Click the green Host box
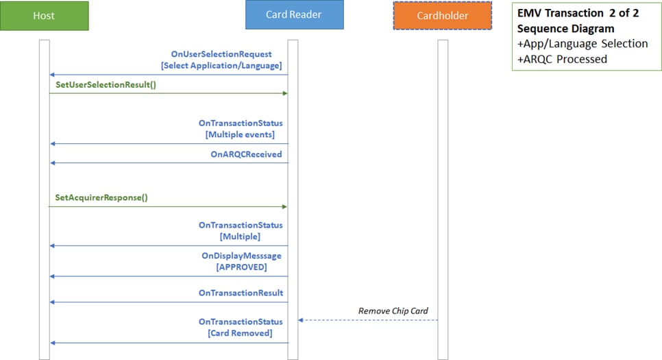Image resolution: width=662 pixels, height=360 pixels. click(45, 16)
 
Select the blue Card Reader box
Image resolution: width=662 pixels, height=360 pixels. click(294, 15)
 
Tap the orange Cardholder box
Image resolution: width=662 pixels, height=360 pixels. click(443, 16)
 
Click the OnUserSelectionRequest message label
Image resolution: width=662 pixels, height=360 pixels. click(221, 54)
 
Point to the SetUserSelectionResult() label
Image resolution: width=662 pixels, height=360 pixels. click(106, 84)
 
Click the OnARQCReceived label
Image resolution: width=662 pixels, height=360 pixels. click(246, 154)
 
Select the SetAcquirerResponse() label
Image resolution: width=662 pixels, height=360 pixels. click(101, 197)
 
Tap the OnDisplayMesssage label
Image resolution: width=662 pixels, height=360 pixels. click(241, 256)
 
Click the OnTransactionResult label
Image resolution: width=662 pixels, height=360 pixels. click(241, 293)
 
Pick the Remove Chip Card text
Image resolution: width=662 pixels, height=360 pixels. click(393, 311)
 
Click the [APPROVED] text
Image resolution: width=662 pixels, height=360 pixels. click(241, 267)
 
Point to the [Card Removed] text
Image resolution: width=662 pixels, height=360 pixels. click(240, 333)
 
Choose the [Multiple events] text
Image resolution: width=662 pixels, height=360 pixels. click(240, 134)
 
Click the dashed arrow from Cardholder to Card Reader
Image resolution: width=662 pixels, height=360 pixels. click(368, 320)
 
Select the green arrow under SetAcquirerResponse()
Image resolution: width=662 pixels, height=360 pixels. click(168, 206)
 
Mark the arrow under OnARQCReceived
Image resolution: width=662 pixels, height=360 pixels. click(169, 163)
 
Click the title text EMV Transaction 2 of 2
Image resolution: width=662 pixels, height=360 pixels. click(578, 13)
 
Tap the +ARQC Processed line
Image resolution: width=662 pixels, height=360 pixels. click(562, 59)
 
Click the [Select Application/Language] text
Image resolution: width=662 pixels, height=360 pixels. click(221, 66)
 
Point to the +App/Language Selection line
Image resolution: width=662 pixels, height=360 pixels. click(583, 43)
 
